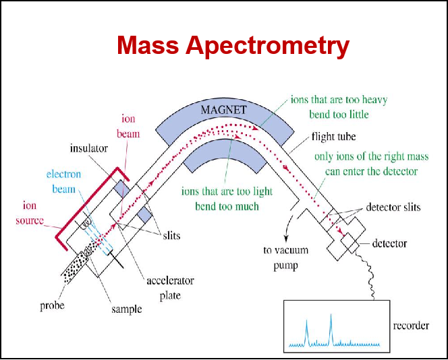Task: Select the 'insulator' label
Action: (89, 148)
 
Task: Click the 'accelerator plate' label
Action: (171, 288)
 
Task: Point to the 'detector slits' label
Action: (393, 207)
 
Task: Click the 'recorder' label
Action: (410, 326)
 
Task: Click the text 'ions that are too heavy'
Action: (339, 100)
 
